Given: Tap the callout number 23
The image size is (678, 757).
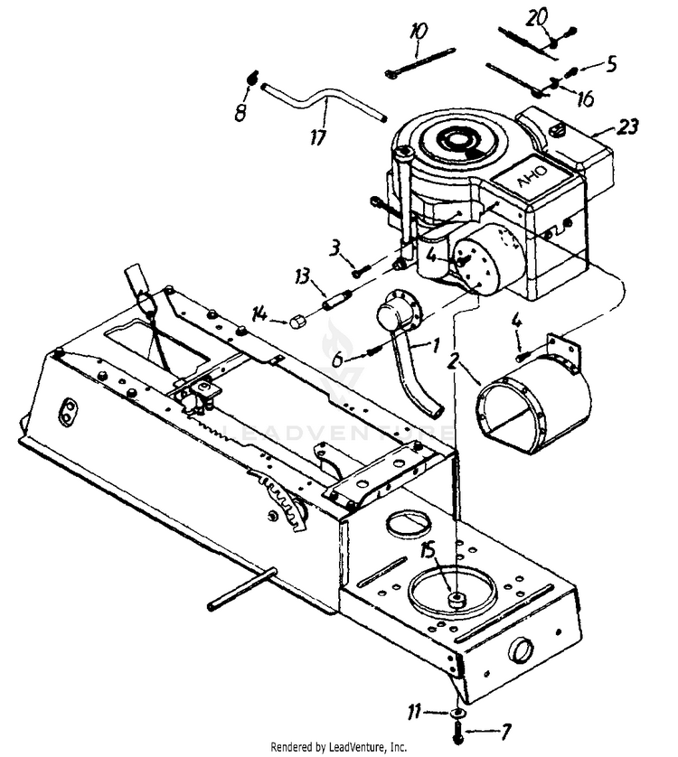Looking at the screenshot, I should coord(626,127).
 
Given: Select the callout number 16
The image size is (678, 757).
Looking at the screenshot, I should coord(584,98).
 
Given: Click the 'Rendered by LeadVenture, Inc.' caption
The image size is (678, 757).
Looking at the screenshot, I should coord(338,747).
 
